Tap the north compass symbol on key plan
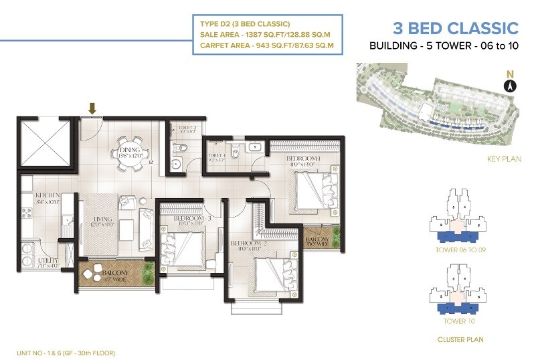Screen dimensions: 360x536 point(509,85)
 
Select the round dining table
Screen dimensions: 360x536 point(126,154)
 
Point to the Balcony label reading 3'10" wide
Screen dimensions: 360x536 point(317,241)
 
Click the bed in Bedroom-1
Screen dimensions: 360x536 point(312,190)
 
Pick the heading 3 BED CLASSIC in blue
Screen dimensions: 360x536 point(454,28)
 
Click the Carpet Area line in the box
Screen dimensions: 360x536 point(266,46)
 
